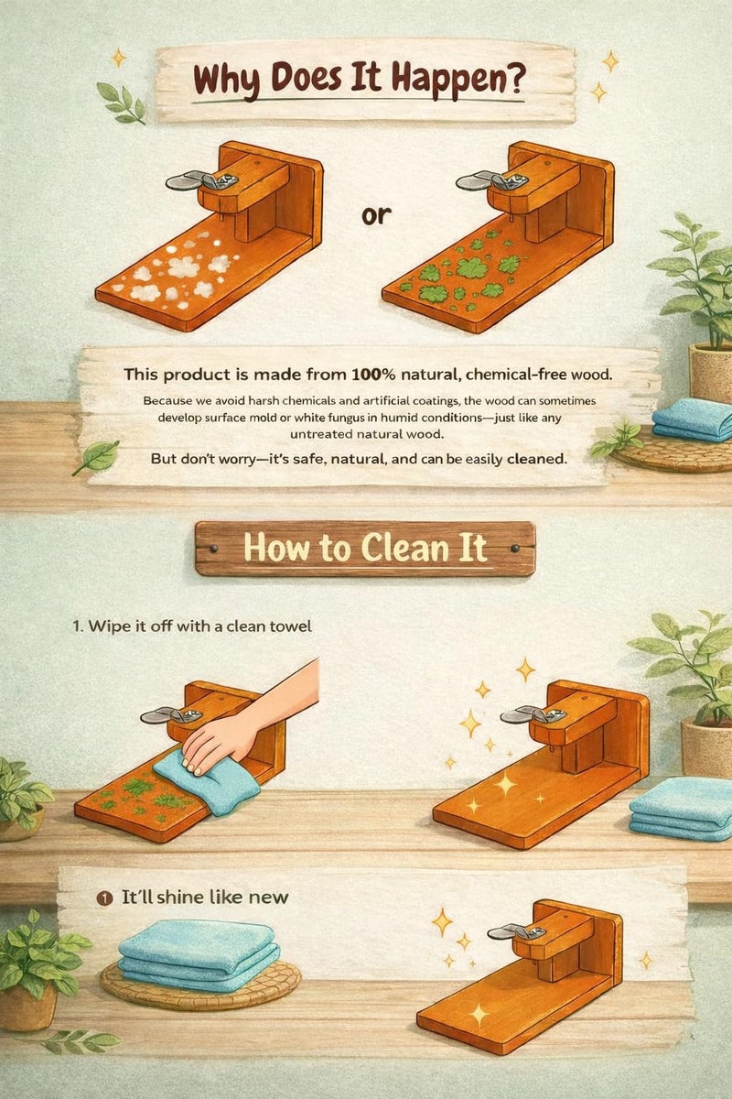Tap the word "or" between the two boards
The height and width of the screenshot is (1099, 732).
(377, 215)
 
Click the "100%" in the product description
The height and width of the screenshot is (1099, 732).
(374, 375)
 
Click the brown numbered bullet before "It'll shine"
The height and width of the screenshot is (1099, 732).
(103, 898)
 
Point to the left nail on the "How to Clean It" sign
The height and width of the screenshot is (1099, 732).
(214, 549)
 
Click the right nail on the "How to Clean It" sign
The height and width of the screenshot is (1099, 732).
(515, 549)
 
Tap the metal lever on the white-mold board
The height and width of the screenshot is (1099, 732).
(201, 180)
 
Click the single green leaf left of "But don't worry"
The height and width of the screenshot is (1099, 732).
(97, 456)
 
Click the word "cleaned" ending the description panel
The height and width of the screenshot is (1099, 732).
(536, 459)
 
